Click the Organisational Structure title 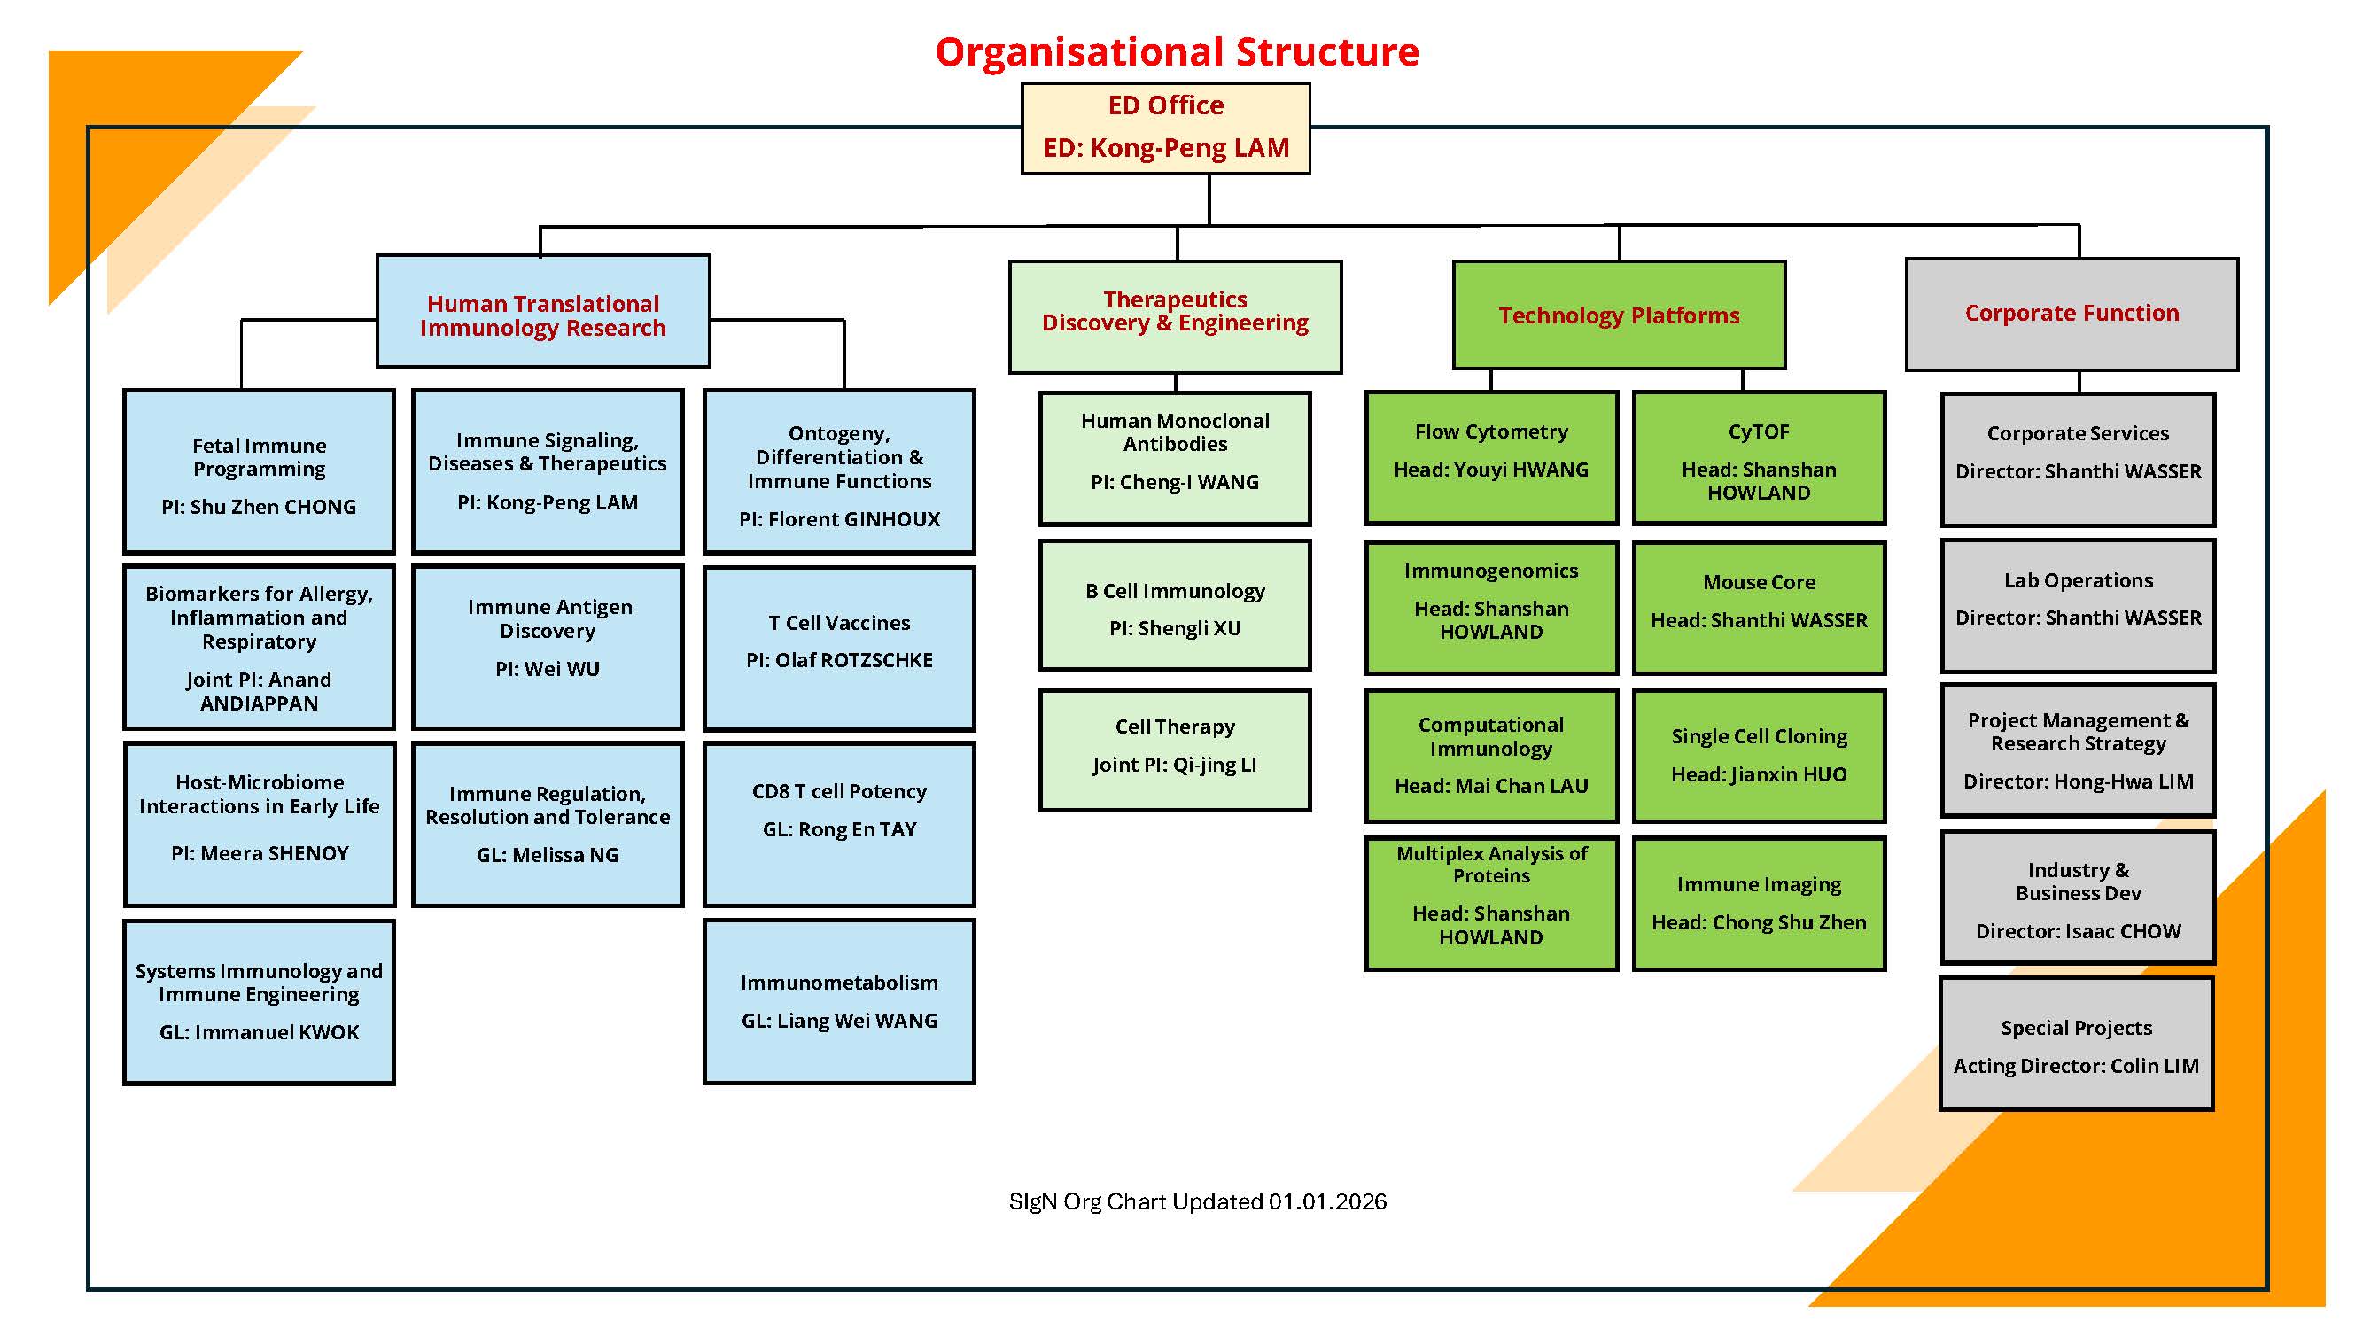coord(1177,51)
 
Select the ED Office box coord(1165,128)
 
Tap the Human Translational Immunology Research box coord(542,313)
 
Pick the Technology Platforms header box coord(1618,315)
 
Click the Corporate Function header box coord(2072,314)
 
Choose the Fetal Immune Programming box coord(259,471)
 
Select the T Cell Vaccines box coord(838,647)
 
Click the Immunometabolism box coord(838,1001)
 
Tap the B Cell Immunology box coord(1174,606)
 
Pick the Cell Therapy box coord(1174,750)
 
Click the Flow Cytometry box coord(1490,457)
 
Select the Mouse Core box coord(1759,606)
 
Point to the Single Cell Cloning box coord(1759,755)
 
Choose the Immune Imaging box coord(1759,903)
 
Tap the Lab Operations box coord(2078,604)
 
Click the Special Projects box coord(2076,1044)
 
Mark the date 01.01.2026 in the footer coord(1327,1201)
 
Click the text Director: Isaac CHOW coord(2078,931)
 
